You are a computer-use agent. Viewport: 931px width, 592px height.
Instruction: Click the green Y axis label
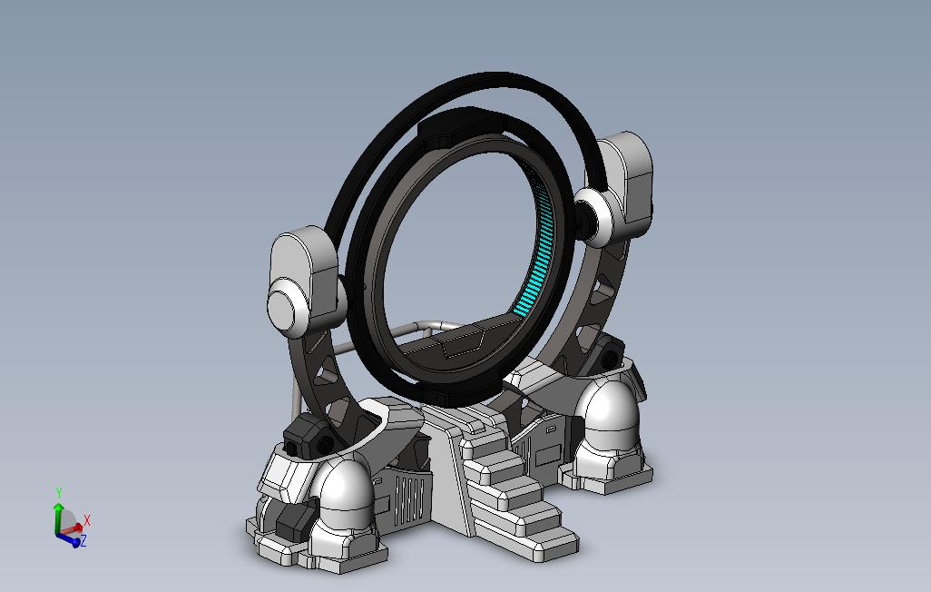tap(59, 492)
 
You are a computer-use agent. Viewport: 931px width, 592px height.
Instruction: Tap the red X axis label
tap(87, 520)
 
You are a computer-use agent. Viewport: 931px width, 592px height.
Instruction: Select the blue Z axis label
tap(83, 541)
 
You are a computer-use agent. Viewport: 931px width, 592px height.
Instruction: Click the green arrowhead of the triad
tap(58, 507)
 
